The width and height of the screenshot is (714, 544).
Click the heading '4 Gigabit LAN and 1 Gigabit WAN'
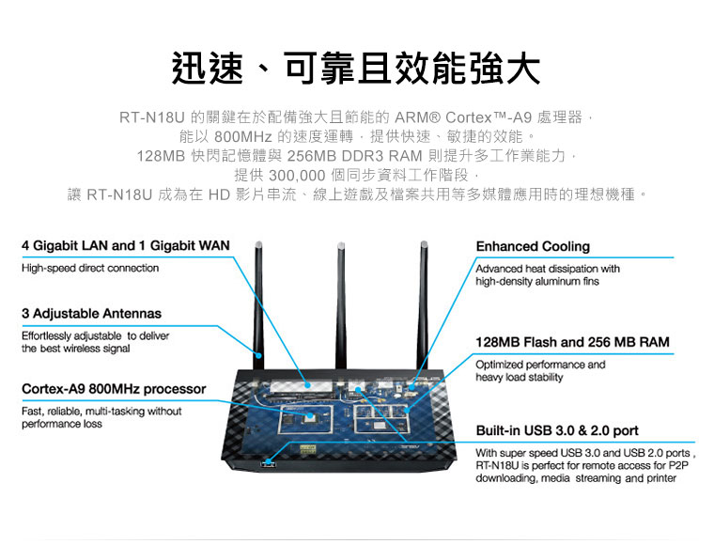[x=126, y=245]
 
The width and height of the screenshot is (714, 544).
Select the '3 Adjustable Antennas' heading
[x=91, y=313]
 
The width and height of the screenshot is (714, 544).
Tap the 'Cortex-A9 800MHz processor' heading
[x=114, y=388]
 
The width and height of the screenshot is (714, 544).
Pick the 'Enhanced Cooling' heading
[x=533, y=246]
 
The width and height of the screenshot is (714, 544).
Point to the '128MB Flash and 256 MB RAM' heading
[x=572, y=342]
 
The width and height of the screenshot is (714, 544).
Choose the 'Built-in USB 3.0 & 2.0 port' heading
[x=557, y=430]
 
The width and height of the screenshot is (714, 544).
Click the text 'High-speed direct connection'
[x=90, y=268]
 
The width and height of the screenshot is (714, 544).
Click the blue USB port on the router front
[x=271, y=463]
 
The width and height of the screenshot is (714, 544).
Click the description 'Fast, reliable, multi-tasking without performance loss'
[x=101, y=417]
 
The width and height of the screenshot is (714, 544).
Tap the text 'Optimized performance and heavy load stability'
[x=541, y=370]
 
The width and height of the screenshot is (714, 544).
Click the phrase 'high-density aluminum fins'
[x=536, y=281]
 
